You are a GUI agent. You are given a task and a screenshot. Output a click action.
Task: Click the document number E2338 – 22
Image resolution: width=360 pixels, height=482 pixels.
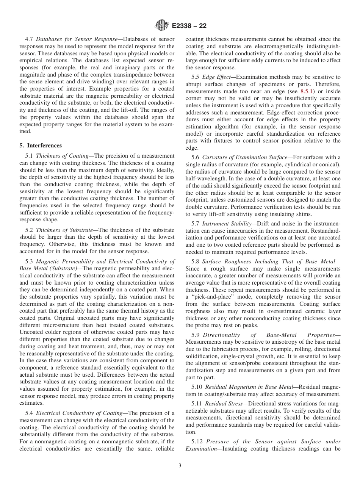click(x=189, y=26)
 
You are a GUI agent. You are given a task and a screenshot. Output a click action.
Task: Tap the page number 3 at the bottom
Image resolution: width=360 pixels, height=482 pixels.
click(x=180, y=466)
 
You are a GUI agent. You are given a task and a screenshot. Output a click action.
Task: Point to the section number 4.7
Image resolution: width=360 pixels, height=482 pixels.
click(x=29, y=39)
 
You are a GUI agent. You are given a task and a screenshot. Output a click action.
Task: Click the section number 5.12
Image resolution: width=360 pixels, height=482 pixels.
click(x=197, y=441)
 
